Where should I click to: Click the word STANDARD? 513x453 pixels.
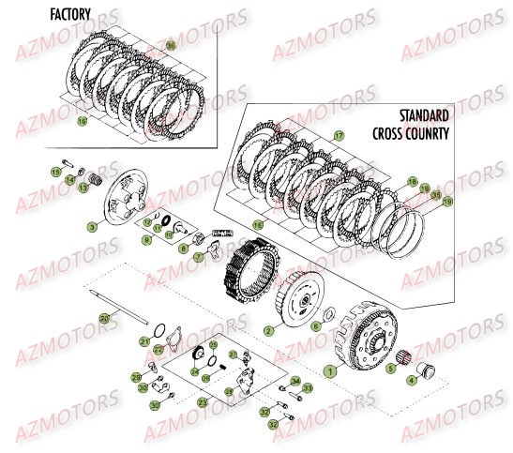[x=424, y=113]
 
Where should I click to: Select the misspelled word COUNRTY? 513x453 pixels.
[x=432, y=133]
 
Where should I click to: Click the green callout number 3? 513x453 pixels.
[x=92, y=227]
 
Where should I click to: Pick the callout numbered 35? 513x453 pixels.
[x=436, y=195]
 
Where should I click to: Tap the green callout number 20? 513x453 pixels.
[x=103, y=320]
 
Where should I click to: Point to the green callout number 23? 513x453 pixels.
[x=203, y=402]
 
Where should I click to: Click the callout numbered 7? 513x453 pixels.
[x=198, y=256]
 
